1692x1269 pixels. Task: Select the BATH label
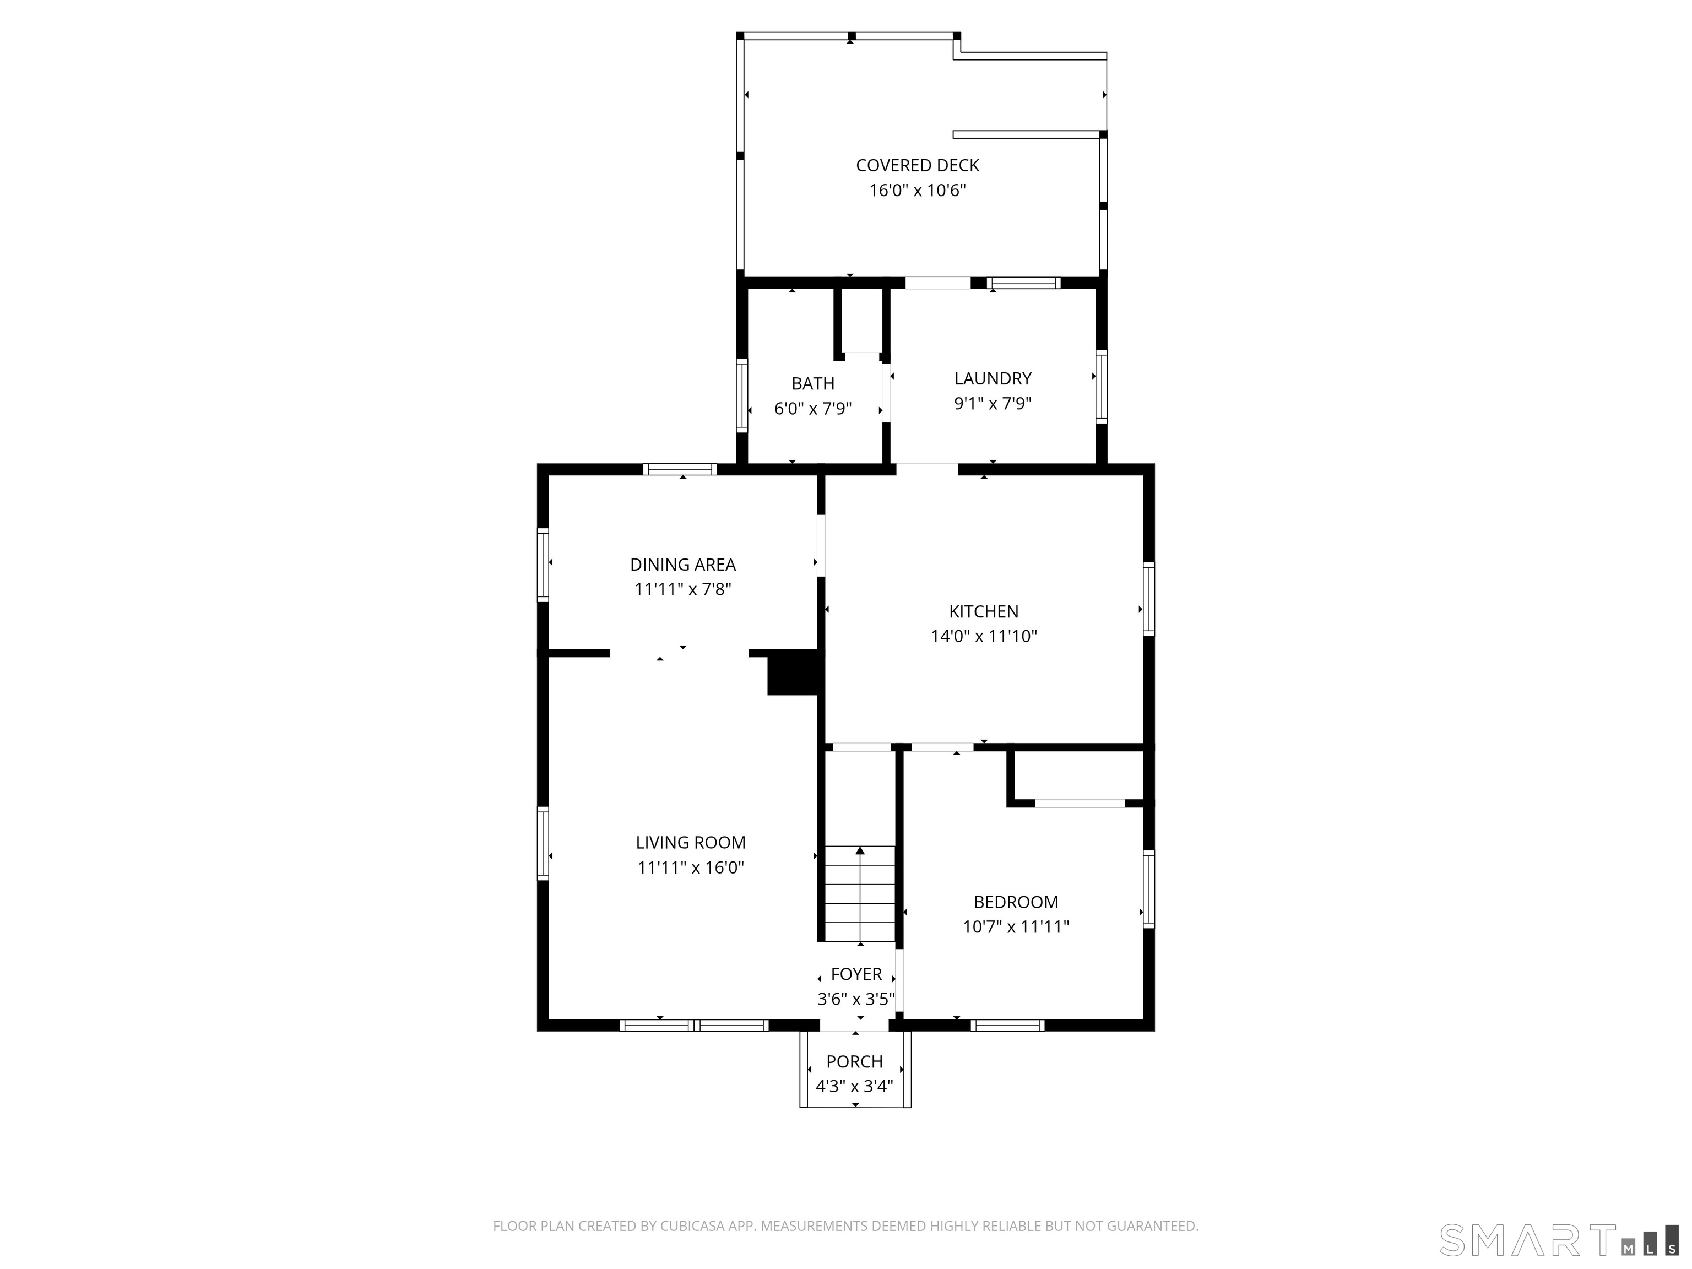pos(812,383)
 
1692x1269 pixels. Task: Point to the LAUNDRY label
pos(993,378)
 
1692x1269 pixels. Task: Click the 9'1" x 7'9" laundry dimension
pos(993,403)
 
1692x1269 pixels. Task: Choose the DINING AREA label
pos(683,565)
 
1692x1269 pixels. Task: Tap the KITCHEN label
pos(984,611)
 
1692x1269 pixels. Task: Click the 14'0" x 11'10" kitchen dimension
pos(984,636)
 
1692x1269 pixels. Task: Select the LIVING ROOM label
pos(691,842)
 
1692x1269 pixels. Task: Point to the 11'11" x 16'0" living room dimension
pos(691,867)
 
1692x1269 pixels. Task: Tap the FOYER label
pos(856,974)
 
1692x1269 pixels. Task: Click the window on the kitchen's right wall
pos(1148,599)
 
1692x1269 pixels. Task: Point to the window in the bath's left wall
pos(741,395)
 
